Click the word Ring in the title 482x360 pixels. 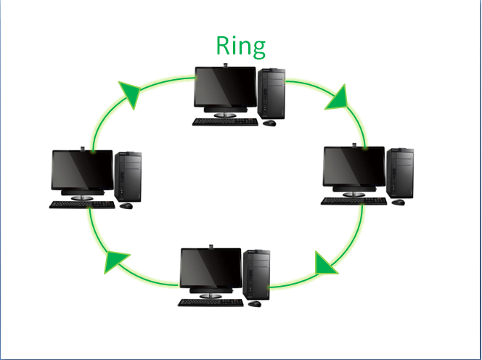click(241, 45)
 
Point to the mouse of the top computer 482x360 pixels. click(269, 123)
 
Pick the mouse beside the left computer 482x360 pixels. click(126, 206)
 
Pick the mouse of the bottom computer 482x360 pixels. click(256, 304)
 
